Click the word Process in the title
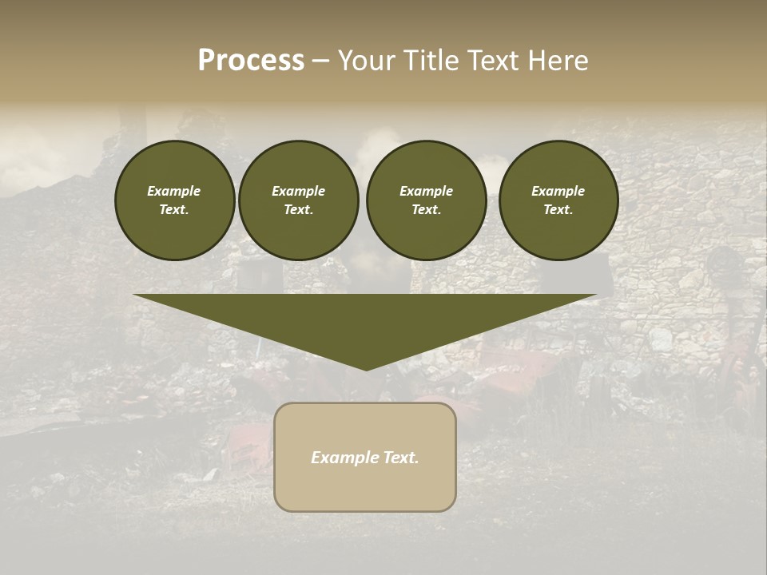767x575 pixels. tap(251, 61)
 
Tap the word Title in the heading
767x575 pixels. tap(431, 61)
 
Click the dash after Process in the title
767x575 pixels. tap(320, 61)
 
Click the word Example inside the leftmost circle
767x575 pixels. tap(174, 191)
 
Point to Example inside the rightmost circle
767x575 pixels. tap(558, 191)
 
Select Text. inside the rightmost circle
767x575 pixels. tap(558, 210)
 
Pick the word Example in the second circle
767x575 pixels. tap(298, 191)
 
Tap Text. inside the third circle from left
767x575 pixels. tap(426, 210)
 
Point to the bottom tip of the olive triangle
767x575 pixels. tap(366, 369)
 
